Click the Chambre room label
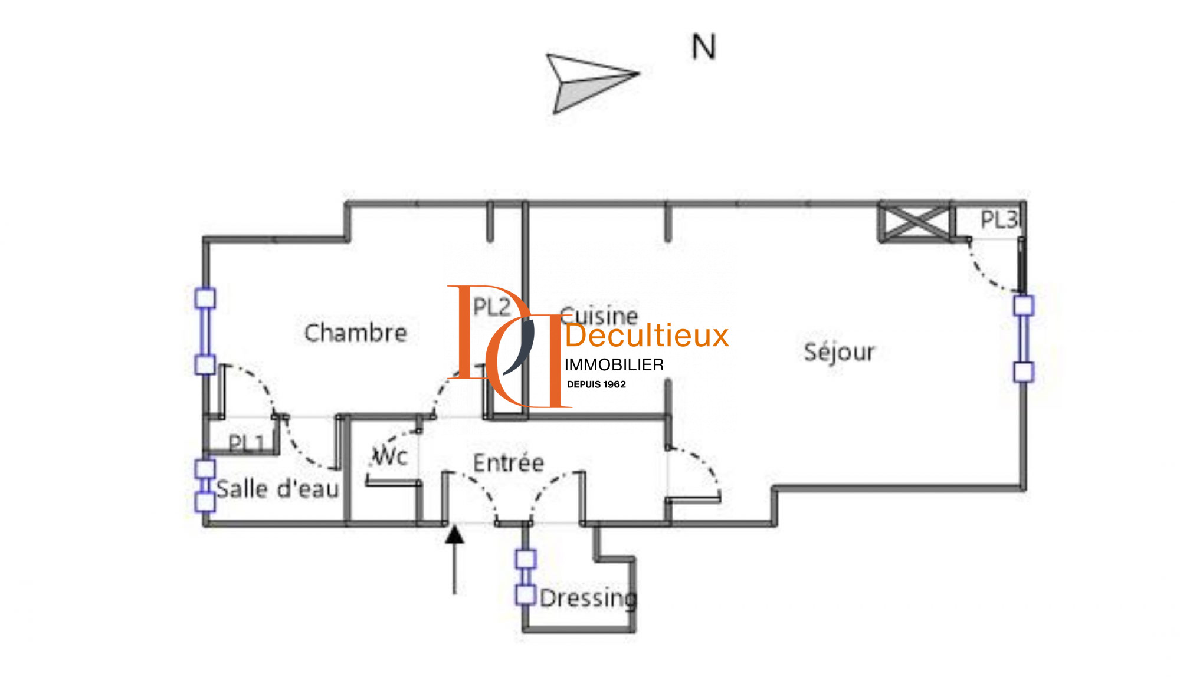pyautogui.click(x=355, y=333)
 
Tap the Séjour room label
pyautogui.click(x=839, y=352)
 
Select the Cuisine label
pyautogui.click(x=599, y=315)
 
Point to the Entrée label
pyautogui.click(x=508, y=463)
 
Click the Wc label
pyautogui.click(x=390, y=456)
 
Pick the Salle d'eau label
pyautogui.click(x=277, y=489)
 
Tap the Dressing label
pyautogui.click(x=588, y=598)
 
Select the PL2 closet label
pyautogui.click(x=491, y=307)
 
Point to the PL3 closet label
pyautogui.click(x=998, y=220)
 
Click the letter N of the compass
pyautogui.click(x=703, y=47)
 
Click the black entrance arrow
pyautogui.click(x=454, y=558)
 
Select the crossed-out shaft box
pyautogui.click(x=915, y=222)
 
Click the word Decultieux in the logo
pyautogui.click(x=647, y=336)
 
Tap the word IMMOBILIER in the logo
pyautogui.click(x=614, y=365)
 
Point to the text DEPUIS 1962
pyautogui.click(x=596, y=384)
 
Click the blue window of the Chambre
pyautogui.click(x=205, y=331)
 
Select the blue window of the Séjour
pyautogui.click(x=1024, y=339)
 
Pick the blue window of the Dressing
pyautogui.click(x=526, y=577)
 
